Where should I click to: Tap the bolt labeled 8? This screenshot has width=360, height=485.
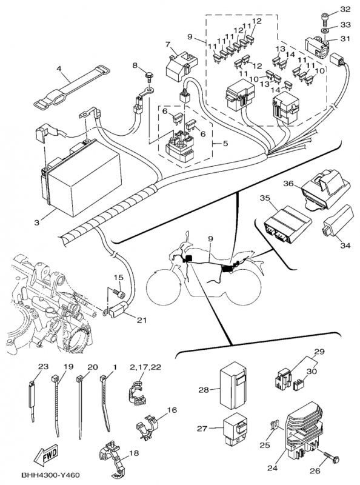pyautogui.click(x=147, y=76)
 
